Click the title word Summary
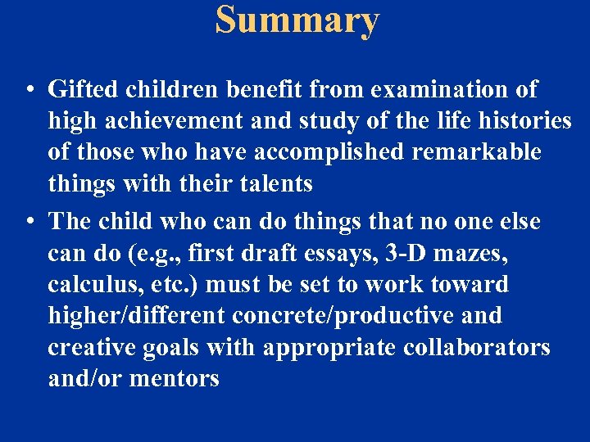[x=297, y=20]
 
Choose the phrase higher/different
[x=136, y=316]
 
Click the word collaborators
[x=477, y=347]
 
